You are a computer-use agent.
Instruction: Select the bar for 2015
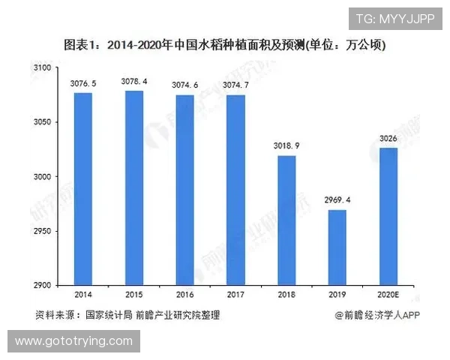[134, 187]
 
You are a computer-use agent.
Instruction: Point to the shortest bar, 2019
[337, 247]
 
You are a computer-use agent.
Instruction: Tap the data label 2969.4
[337, 200]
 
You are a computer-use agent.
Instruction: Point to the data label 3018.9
[286, 145]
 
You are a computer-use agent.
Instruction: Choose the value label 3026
[388, 138]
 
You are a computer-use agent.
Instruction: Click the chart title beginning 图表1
[225, 46]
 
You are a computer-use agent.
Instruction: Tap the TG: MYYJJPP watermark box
[394, 19]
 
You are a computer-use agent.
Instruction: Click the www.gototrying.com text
[73, 341]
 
